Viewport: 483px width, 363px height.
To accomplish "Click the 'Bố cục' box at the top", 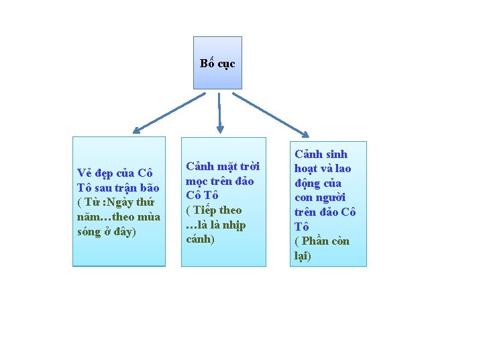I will pyautogui.click(x=217, y=63).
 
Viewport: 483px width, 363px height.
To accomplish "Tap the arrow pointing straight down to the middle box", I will pyautogui.click(x=219, y=112).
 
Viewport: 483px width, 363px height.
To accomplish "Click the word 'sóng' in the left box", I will pyautogui.click(x=91, y=232).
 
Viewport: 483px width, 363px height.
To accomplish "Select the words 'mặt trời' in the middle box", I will pyautogui.click(x=237, y=166).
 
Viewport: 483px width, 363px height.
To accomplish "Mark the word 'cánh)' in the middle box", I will pyautogui.click(x=200, y=239).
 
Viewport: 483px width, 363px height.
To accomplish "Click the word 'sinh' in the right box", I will pyautogui.click(x=335, y=154).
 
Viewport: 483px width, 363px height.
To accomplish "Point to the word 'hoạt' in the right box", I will pyautogui.click(x=308, y=169).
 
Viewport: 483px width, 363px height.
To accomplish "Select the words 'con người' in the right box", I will pyautogui.click(x=319, y=198).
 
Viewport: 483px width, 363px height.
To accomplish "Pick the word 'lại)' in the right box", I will pyautogui.click(x=303, y=255).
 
